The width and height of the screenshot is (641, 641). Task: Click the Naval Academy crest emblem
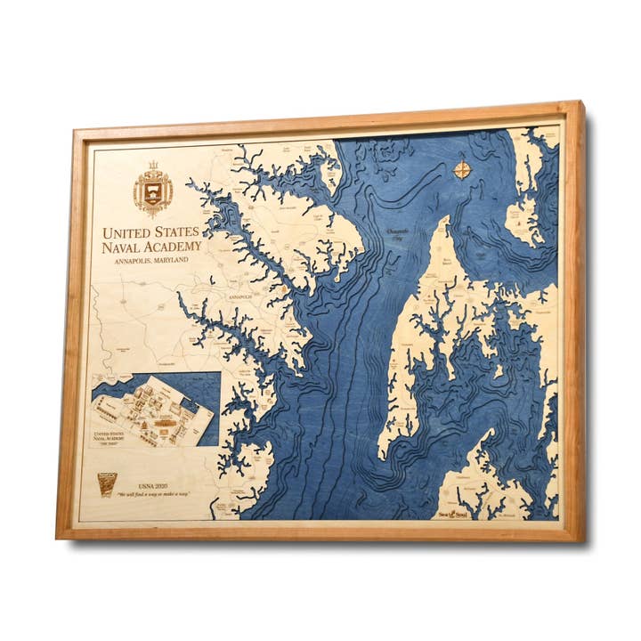pyautogui.click(x=153, y=188)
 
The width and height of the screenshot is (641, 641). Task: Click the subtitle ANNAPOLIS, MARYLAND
pyautogui.click(x=152, y=263)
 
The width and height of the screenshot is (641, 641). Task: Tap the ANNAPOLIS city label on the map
pyautogui.click(x=240, y=295)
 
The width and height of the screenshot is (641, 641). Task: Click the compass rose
pyautogui.click(x=462, y=168)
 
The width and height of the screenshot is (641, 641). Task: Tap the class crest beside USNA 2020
pyautogui.click(x=107, y=484)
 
